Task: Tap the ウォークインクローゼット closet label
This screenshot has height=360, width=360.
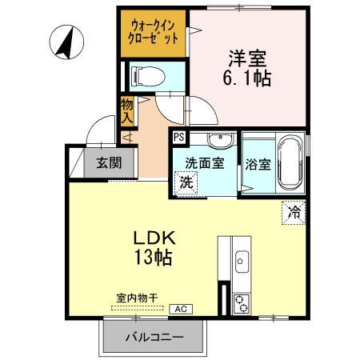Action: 154,32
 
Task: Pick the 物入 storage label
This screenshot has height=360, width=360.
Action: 126,110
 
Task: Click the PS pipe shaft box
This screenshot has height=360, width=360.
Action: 178,138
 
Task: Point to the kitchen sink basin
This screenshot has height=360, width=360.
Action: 242,262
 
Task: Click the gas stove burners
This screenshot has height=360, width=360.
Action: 241,302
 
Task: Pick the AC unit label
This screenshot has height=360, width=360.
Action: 181,308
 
